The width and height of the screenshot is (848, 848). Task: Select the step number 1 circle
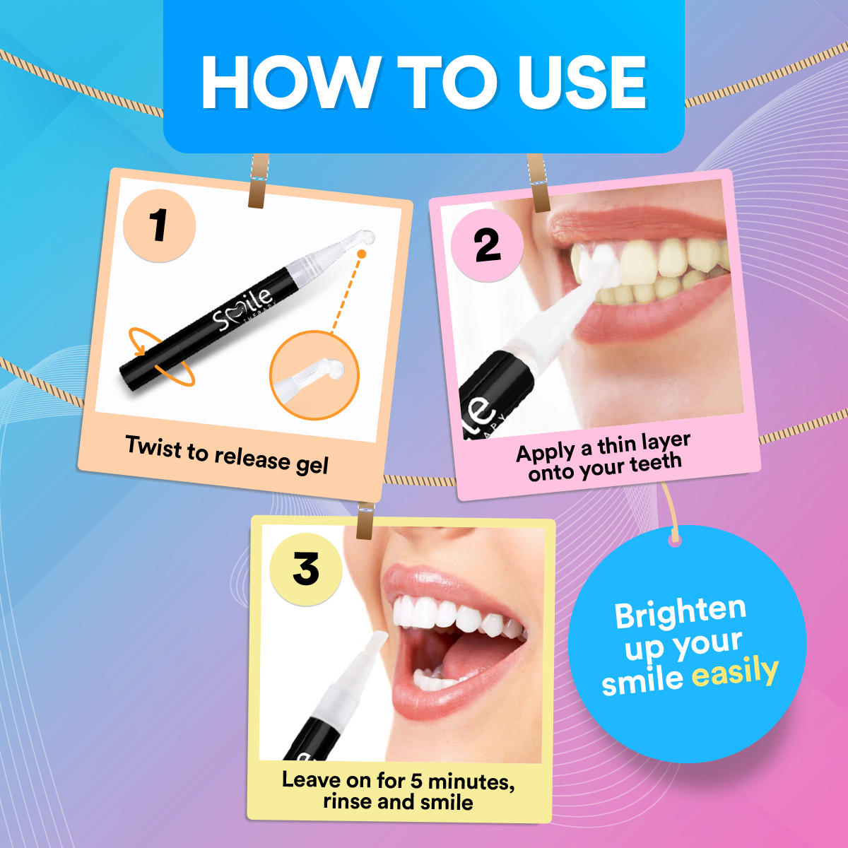pyautogui.click(x=159, y=225)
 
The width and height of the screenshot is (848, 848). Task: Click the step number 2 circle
pyautogui.click(x=487, y=245)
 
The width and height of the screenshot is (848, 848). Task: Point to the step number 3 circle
pyautogui.click(x=306, y=569)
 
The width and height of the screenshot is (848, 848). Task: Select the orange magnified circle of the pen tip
pyautogui.click(x=314, y=375)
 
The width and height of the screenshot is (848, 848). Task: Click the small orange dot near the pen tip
pyautogui.click(x=362, y=253)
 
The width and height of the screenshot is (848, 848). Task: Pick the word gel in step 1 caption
pyautogui.click(x=312, y=465)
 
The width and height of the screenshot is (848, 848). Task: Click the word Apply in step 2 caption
pyautogui.click(x=546, y=453)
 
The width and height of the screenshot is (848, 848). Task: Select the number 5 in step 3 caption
pyautogui.click(x=417, y=781)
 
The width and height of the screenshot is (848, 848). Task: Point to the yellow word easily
pyautogui.click(x=735, y=673)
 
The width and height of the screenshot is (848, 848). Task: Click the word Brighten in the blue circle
pyautogui.click(x=680, y=612)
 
